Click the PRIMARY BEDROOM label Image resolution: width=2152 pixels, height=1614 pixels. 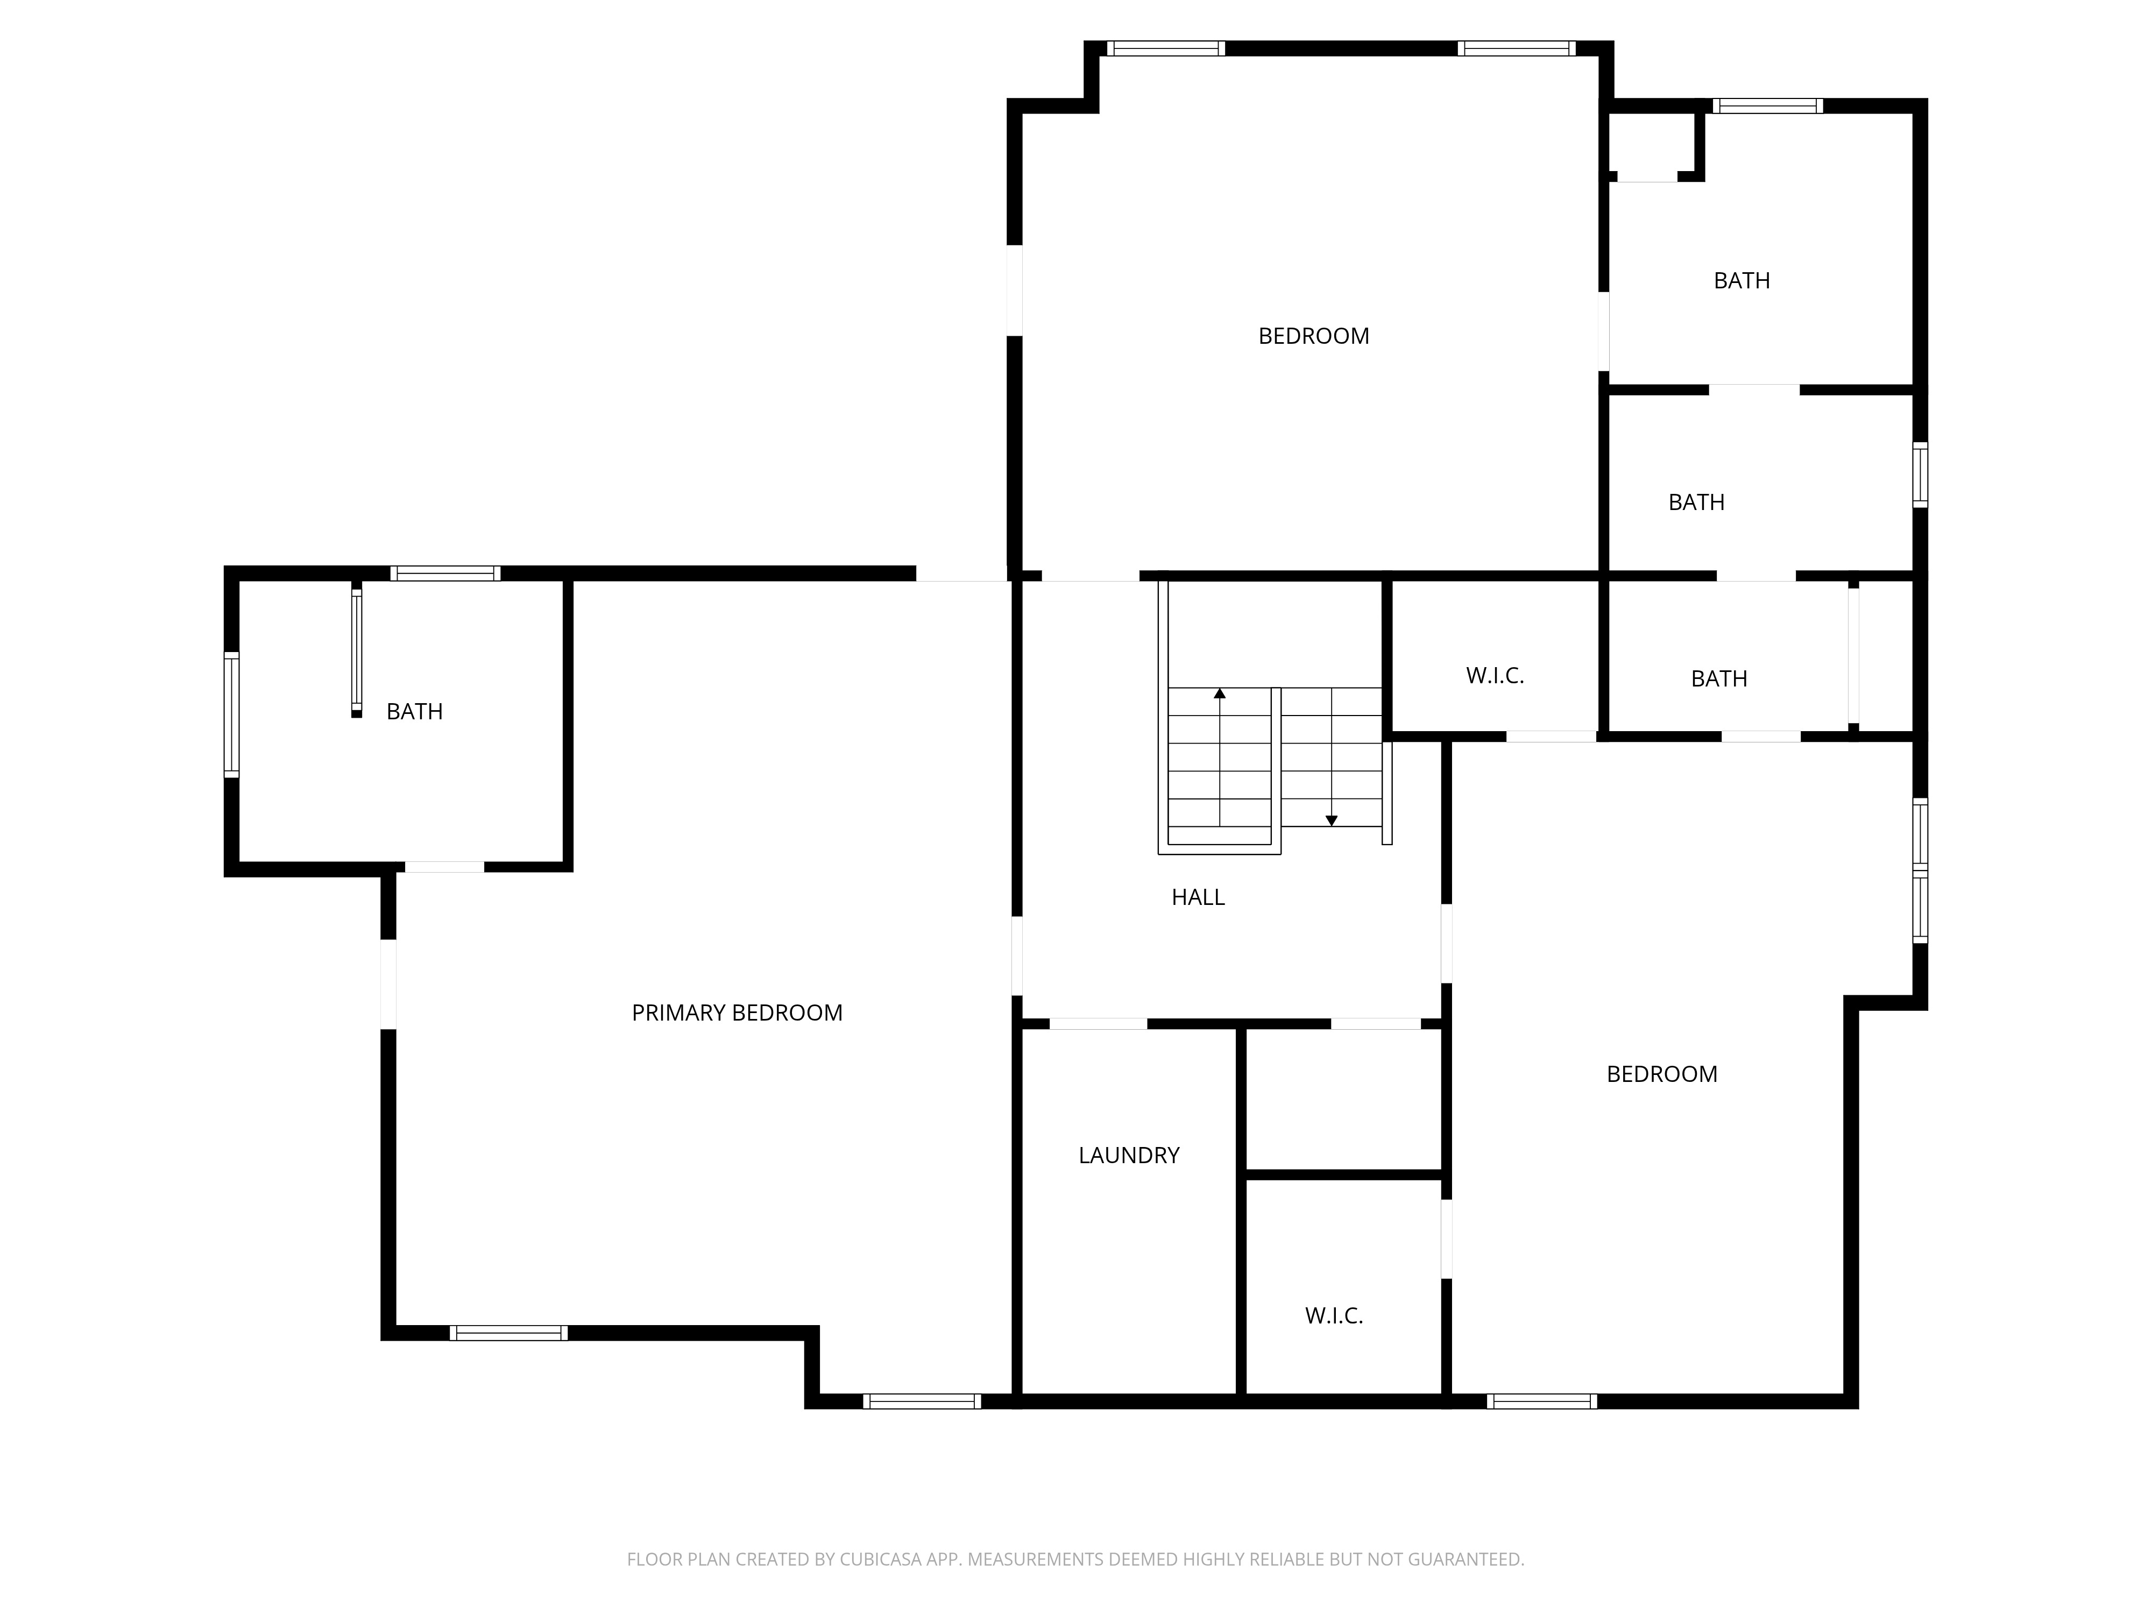(737, 1013)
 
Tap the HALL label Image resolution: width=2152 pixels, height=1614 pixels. (1198, 897)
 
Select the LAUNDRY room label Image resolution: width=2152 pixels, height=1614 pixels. (1129, 1155)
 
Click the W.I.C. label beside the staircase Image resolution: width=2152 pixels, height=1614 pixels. (1495, 675)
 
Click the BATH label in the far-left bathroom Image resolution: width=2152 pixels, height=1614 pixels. (414, 711)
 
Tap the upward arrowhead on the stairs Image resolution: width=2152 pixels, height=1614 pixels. (1220, 693)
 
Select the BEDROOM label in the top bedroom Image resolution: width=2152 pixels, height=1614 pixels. (1313, 336)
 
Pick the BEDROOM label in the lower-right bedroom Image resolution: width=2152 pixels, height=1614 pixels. (1662, 1074)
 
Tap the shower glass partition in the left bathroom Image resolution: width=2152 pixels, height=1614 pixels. (356, 650)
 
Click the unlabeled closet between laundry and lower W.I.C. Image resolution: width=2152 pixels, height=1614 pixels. (1343, 1099)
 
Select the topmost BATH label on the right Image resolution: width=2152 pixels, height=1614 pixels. (1742, 280)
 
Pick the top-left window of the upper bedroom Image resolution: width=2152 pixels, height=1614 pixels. (1165, 48)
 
